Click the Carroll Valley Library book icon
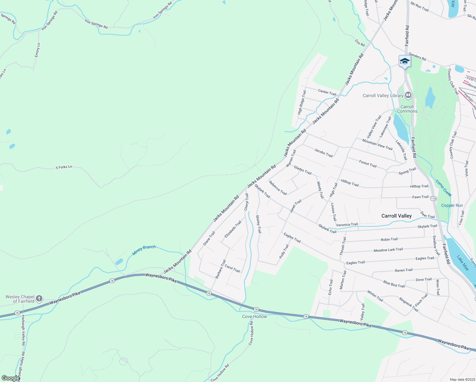pos(408,95)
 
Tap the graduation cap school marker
pos(405,61)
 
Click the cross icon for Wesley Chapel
pos(39,298)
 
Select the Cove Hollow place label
pos(255,316)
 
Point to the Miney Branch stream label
pos(144,250)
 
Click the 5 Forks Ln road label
pos(64,167)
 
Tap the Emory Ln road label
pos(38,50)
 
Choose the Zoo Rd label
pos(360,43)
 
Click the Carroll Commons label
pos(407,109)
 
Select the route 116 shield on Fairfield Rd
pos(433,199)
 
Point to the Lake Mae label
pos(463,263)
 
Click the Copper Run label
pos(452,205)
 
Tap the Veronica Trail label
pos(347,224)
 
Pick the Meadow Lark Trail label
pos(388,250)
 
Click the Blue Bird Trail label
pos(394,284)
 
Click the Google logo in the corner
pos(10,378)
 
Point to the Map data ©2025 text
pos(462,379)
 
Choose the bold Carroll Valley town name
pos(396,216)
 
